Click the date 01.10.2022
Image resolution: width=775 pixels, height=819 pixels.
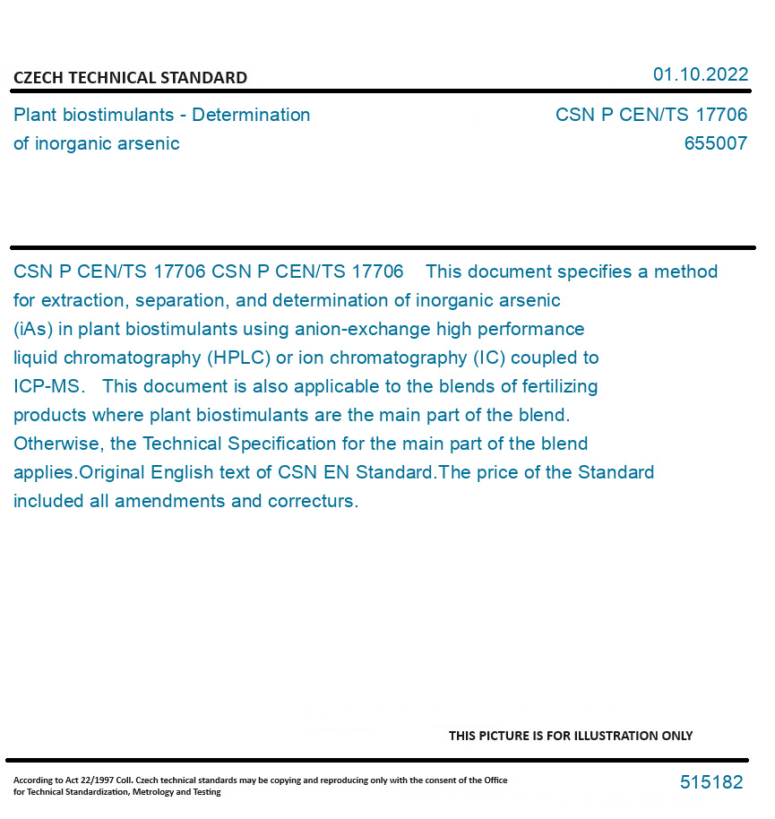pos(700,74)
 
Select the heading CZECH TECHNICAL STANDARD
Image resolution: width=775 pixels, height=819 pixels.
pos(130,78)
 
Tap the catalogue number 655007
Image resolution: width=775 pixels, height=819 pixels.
pos(715,143)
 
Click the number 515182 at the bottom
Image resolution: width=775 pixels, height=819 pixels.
pos(711,782)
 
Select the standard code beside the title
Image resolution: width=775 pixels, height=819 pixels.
pos(650,115)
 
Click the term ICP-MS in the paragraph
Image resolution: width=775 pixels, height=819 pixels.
pos(48,386)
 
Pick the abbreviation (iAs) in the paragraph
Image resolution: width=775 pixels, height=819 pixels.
pos(33,329)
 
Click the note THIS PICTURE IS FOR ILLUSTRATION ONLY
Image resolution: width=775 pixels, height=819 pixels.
pos(571,736)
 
